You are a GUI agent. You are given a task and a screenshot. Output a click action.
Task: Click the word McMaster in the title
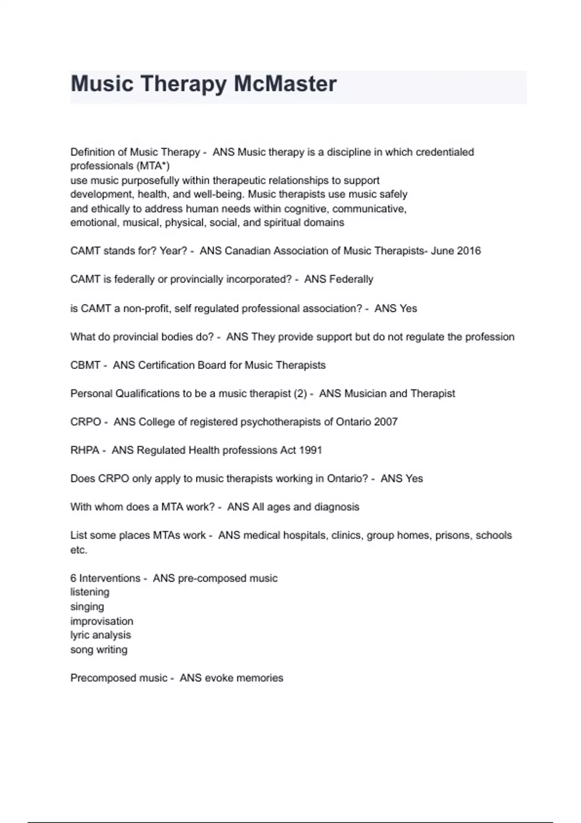[285, 84]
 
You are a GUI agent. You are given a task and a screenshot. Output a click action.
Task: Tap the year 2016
[469, 251]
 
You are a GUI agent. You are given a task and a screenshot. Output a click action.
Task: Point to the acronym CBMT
[85, 365]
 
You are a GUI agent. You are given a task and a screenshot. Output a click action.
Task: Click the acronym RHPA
[85, 450]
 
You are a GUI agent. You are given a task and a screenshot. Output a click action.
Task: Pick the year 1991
[310, 450]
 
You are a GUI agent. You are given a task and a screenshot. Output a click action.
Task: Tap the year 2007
[386, 422]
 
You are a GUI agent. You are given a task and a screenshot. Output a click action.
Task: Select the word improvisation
[102, 621]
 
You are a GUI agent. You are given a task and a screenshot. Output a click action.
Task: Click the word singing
[87, 607]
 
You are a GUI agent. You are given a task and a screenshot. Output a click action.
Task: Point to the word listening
[90, 592]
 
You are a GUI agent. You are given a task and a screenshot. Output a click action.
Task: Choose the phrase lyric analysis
[101, 635]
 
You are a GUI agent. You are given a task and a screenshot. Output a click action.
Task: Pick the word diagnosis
[336, 507]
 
